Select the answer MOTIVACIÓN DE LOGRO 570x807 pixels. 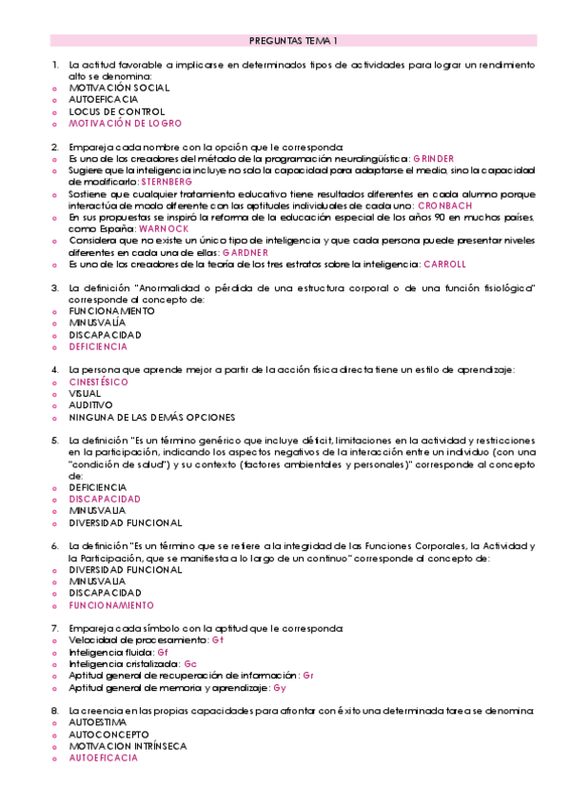click(x=125, y=124)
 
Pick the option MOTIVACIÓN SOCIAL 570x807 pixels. click(x=119, y=88)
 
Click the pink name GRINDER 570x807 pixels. click(x=434, y=158)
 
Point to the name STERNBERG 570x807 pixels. click(x=166, y=181)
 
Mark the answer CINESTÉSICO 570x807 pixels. click(x=98, y=382)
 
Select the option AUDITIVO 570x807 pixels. click(x=90, y=404)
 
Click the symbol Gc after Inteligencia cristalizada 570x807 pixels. click(x=190, y=663)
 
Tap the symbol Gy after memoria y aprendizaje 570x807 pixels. click(x=279, y=687)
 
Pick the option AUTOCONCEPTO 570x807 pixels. click(x=109, y=735)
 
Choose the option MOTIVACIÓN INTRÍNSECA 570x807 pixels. click(x=128, y=746)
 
